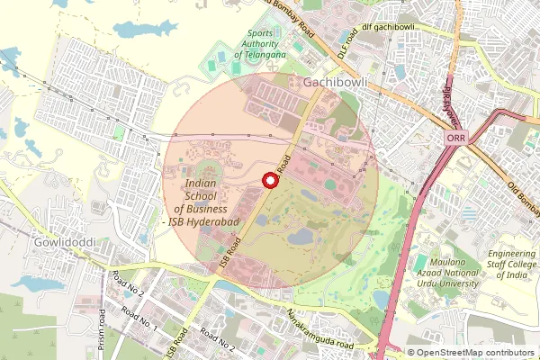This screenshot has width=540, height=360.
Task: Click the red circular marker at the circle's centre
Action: tap(268, 181)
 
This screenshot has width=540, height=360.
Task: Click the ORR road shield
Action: tap(454, 139)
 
